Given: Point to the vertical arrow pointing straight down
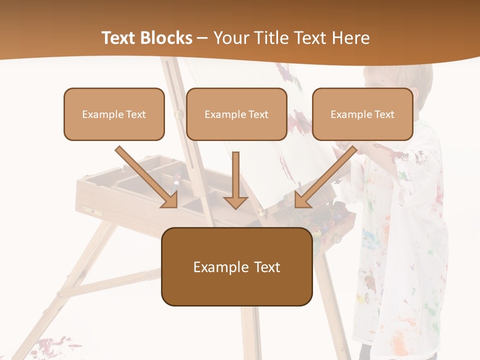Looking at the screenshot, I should (235, 180).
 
